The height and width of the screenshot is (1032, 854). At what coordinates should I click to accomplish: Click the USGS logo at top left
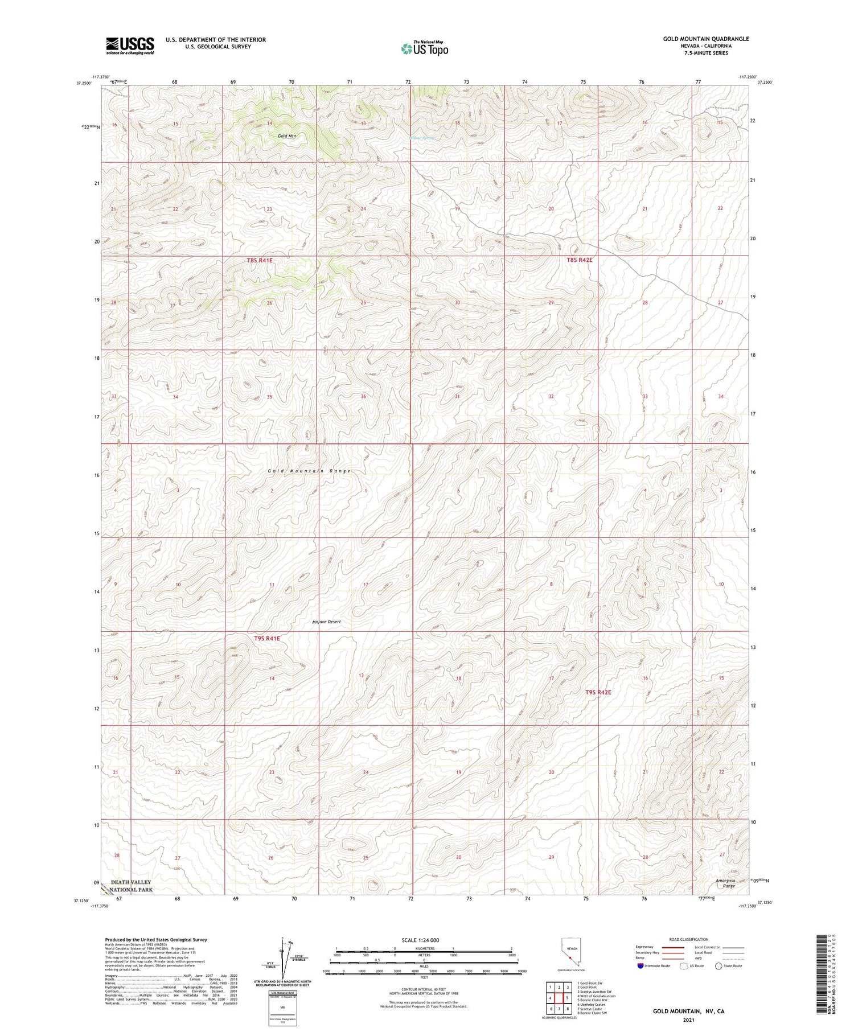(129, 46)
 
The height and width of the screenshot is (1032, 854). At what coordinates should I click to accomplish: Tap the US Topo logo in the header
(425, 49)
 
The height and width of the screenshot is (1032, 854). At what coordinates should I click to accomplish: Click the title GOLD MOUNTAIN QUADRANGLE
(705, 39)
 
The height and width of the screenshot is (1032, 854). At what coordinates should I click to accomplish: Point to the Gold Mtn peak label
(287, 136)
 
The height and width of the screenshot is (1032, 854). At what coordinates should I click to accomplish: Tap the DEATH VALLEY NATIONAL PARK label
(131, 886)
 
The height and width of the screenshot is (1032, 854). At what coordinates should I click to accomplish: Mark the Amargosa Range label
(725, 883)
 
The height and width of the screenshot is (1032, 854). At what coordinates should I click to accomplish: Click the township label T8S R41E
(260, 260)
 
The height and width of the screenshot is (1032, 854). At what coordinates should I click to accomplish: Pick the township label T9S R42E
(598, 692)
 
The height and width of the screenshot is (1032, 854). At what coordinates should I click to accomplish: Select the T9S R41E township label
(266, 639)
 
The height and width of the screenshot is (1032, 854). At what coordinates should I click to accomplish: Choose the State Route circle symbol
(718, 966)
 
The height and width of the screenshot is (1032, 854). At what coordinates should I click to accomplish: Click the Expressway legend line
(676, 947)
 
